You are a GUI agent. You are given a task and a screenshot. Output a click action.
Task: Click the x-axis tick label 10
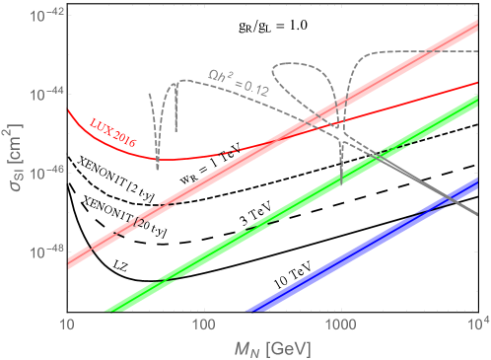[x=68, y=324]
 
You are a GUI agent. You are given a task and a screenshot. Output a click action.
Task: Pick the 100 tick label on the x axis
[x=204, y=324]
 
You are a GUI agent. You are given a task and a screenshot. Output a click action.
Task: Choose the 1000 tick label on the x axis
[x=340, y=324]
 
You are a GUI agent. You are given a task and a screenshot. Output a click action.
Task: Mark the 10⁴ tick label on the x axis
[x=475, y=324]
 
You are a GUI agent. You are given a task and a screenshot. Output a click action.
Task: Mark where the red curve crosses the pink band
[x=312, y=128]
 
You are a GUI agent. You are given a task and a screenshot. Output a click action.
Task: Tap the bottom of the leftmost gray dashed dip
[x=158, y=169]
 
